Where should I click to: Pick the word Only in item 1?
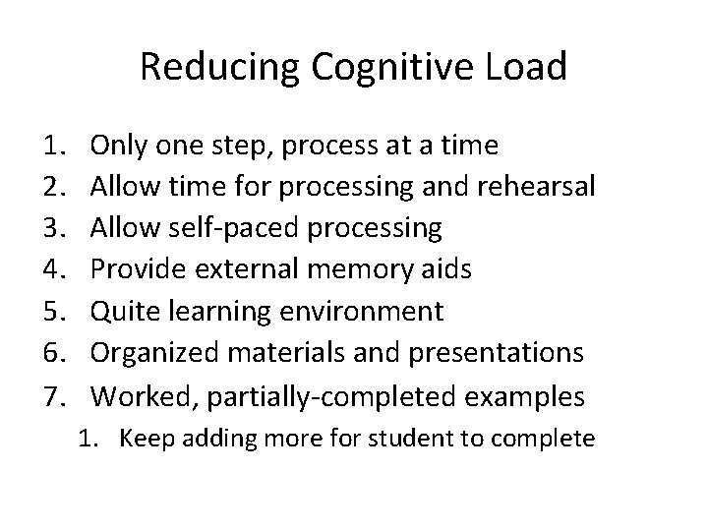tap(116, 147)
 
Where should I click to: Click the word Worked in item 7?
tap(133, 395)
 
